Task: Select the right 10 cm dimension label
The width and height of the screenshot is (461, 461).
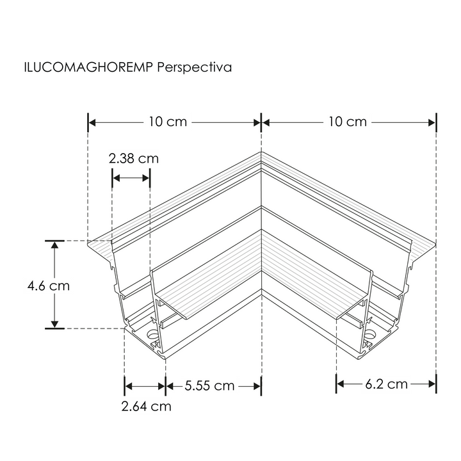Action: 348,122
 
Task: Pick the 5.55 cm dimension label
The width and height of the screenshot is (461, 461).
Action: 209,385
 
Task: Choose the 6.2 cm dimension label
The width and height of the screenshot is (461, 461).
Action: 386,384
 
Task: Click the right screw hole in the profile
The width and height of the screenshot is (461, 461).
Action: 371,334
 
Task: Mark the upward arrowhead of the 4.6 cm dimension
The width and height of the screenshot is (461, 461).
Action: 56,245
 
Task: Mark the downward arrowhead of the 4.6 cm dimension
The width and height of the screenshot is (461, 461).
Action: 56,324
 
